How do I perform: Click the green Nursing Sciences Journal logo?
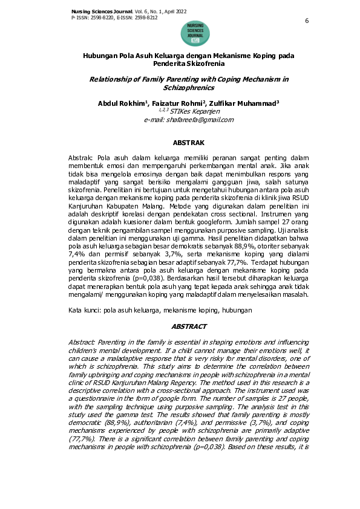[x=195, y=33]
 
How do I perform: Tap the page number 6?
[x=307, y=21]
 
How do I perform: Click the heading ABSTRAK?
[x=189, y=143]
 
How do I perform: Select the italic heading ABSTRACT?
[x=189, y=326]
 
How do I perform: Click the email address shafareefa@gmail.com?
[x=189, y=120]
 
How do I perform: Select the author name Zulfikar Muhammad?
[x=249, y=104]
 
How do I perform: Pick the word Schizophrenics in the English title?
[x=189, y=88]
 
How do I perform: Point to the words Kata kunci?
[x=82, y=310]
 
